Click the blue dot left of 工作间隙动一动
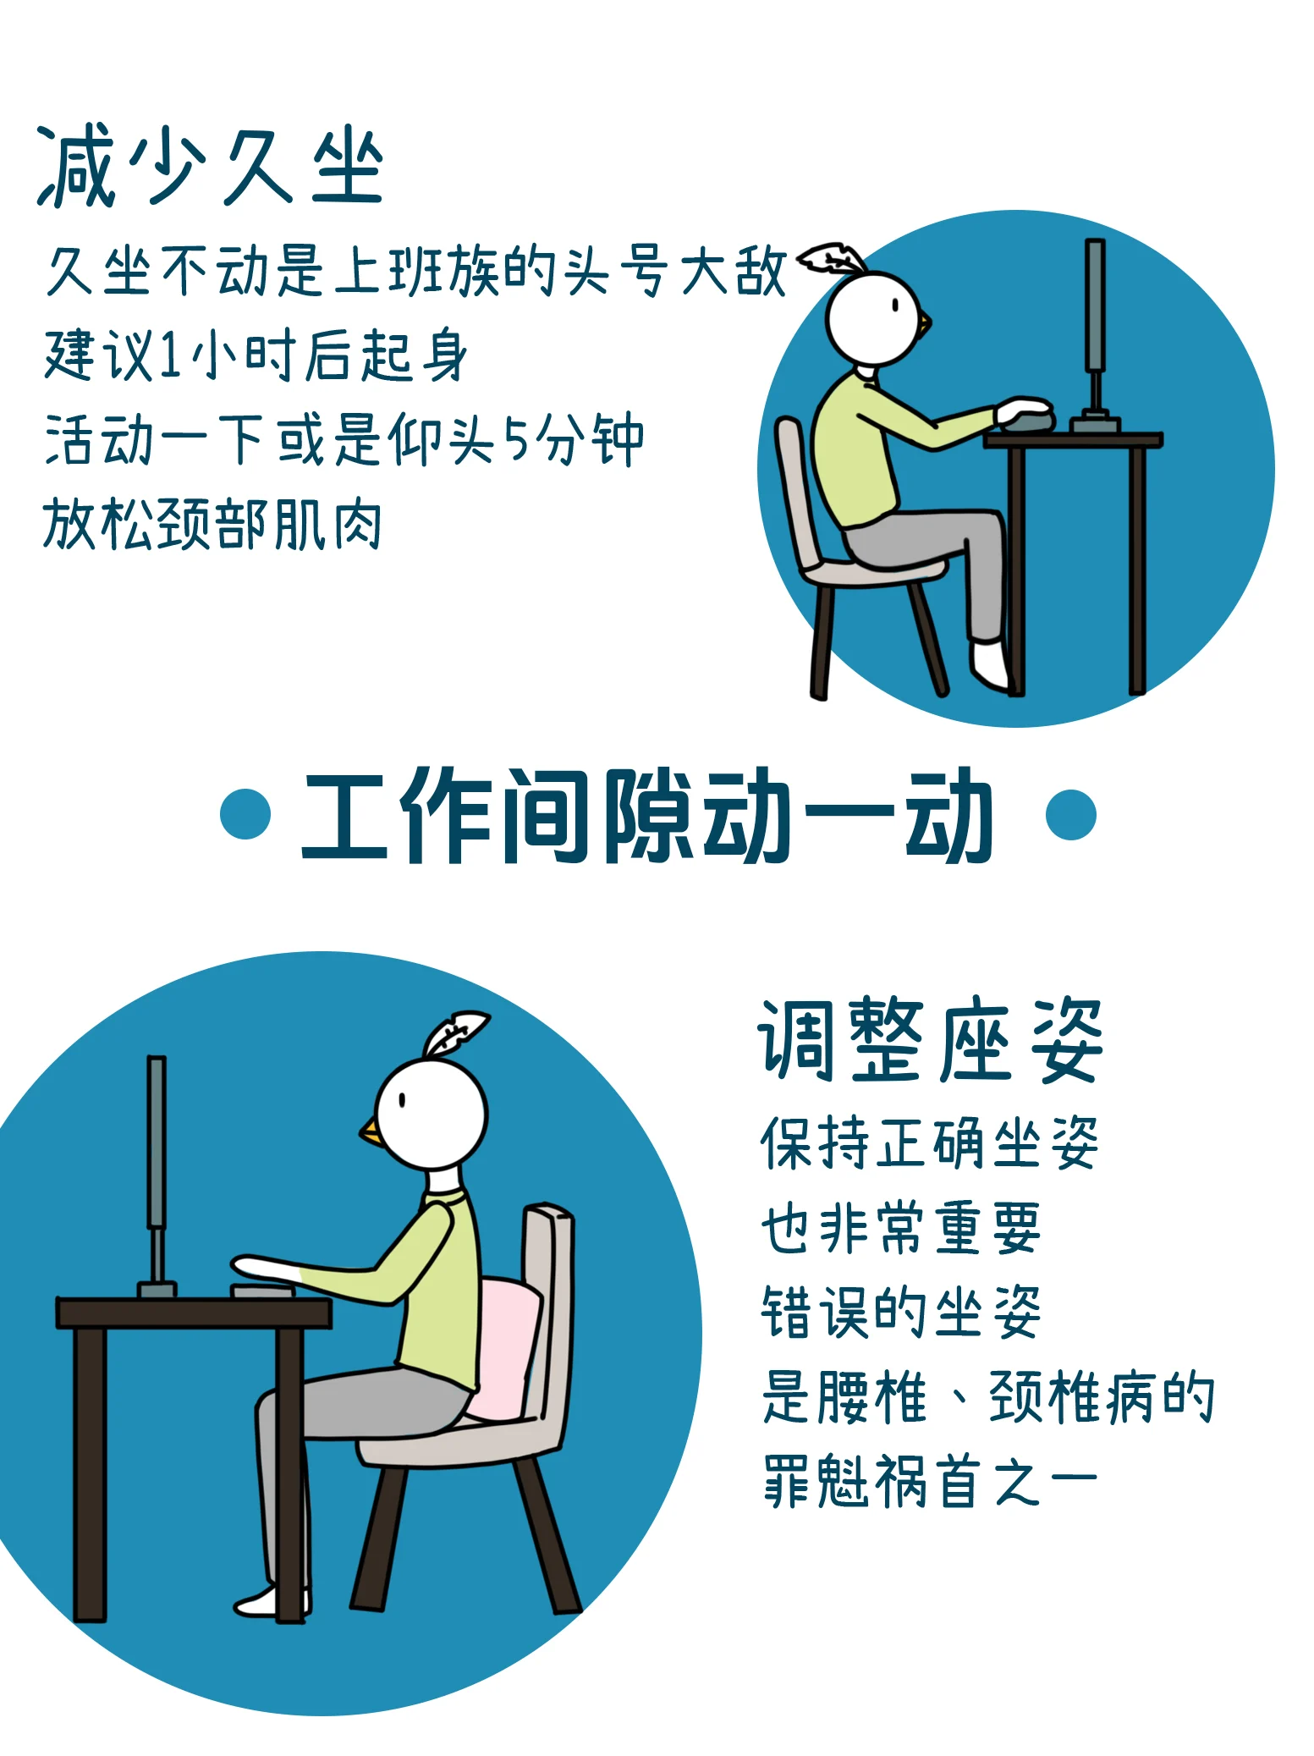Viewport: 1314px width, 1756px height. pos(245,814)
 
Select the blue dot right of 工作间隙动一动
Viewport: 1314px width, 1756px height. pos(1070,814)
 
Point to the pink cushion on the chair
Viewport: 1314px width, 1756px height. pos(506,1349)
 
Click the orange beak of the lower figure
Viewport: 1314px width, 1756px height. pos(371,1131)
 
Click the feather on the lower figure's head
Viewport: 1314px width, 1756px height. pos(454,1032)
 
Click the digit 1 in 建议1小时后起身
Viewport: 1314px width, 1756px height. pos(171,355)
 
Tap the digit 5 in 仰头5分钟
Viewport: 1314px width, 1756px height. pos(515,439)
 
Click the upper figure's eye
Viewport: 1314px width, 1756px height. pos(895,306)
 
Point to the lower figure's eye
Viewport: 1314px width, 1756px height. pos(403,1100)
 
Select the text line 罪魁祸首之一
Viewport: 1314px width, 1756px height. pos(930,1480)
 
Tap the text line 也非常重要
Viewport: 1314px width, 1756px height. pos(900,1227)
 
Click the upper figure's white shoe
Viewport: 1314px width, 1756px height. pos(990,664)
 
